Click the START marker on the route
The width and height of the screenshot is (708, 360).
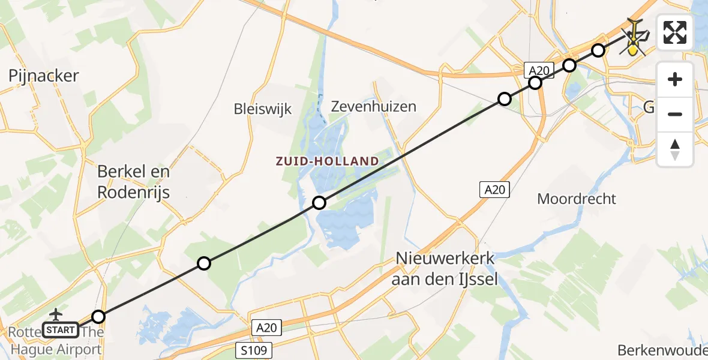pos(61,329)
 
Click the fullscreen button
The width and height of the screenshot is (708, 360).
pos(675,32)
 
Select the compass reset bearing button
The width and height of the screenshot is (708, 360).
pos(675,149)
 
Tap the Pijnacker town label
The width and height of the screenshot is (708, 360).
pos(44,76)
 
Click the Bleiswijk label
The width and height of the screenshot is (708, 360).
pos(262,109)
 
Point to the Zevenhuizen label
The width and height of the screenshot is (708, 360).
pos(374,107)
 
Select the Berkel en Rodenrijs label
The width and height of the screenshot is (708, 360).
pos(133,182)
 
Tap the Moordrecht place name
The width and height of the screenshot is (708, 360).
pos(577,199)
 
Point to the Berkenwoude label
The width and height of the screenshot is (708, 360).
pos(663,350)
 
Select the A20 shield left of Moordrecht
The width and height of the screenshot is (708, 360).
pos(494,190)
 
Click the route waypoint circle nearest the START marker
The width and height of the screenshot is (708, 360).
pos(98,317)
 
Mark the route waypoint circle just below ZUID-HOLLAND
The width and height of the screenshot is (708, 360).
pos(319,203)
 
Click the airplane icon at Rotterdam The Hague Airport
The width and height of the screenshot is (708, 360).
pos(56,314)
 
